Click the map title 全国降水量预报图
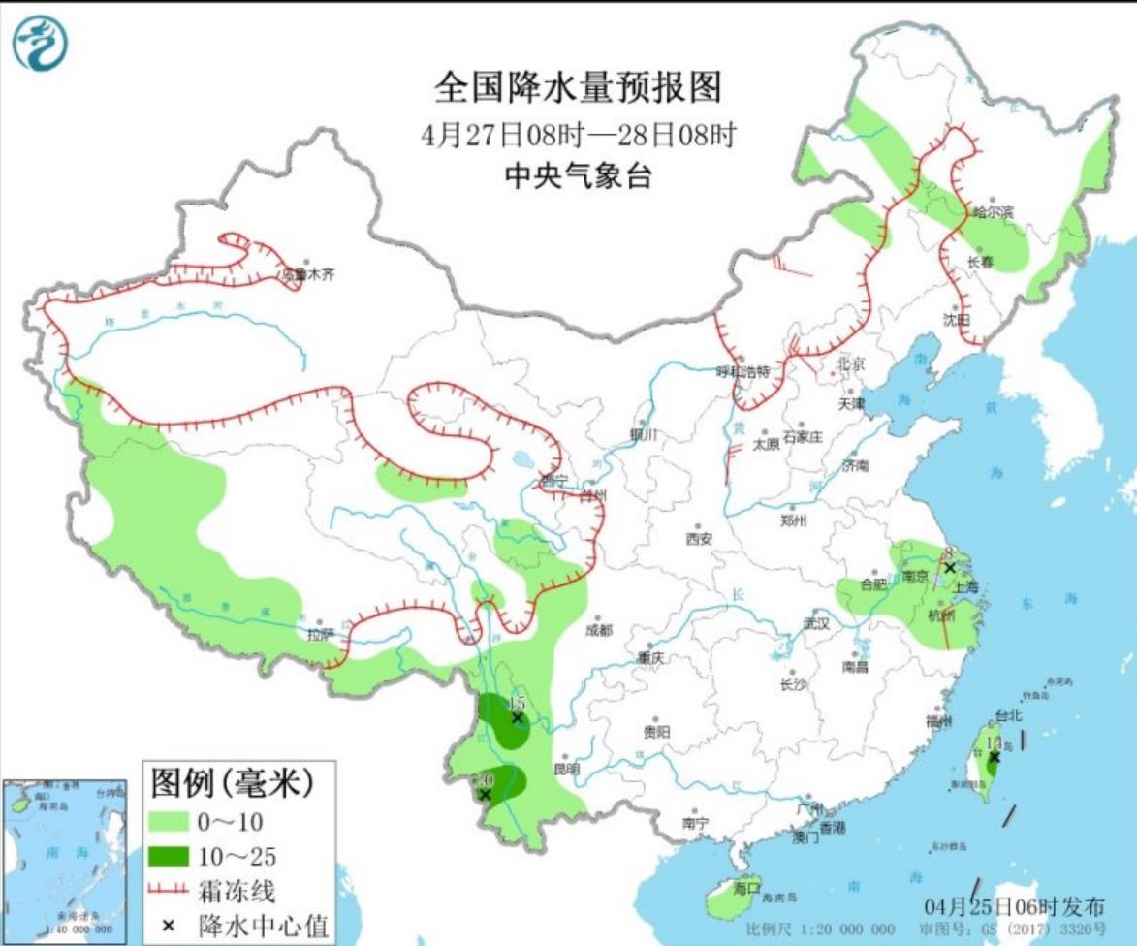coord(578,87)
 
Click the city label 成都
coord(599,630)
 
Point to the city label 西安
coord(699,539)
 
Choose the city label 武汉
coord(817,623)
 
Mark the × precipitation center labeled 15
coord(518,718)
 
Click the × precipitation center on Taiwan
coord(994,757)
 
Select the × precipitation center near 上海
coord(950,568)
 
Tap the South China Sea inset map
coord(64,859)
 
